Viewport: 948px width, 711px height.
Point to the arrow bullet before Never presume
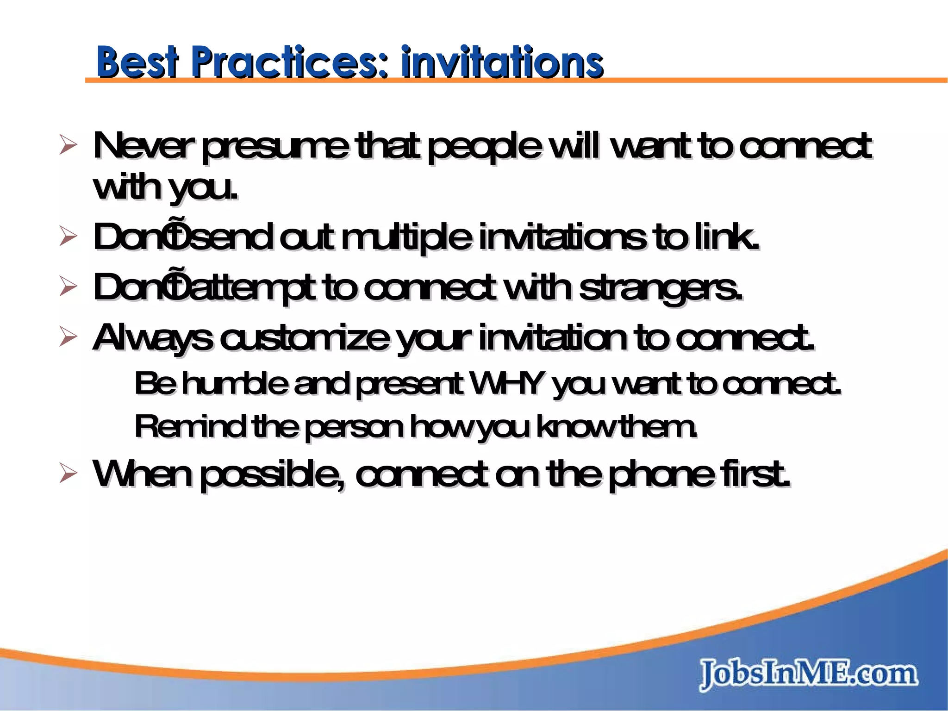point(68,148)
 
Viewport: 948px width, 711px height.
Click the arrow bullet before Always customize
point(68,338)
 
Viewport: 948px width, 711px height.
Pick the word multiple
point(407,237)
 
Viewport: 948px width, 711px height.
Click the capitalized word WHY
point(506,384)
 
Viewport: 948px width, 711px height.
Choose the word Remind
point(190,427)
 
